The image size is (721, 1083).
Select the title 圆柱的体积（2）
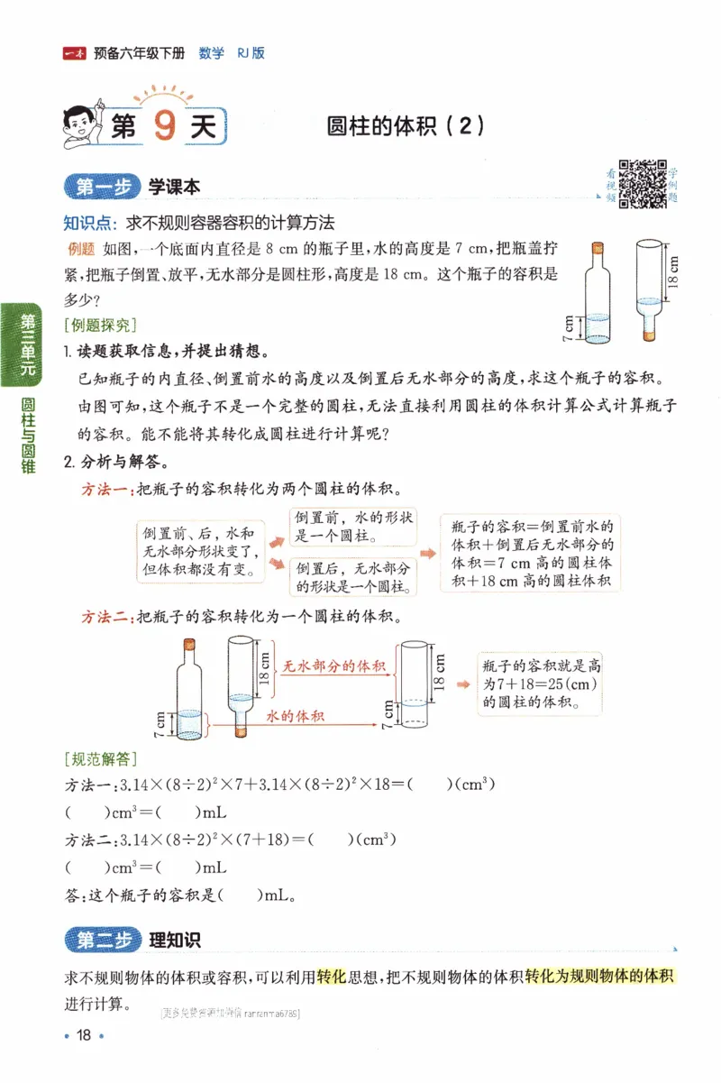pos(406,126)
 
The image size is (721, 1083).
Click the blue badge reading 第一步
pos(100,187)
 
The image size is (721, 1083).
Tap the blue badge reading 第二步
pos(100,940)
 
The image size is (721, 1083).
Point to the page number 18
pos(84,1034)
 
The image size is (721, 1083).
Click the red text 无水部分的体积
pos(334,666)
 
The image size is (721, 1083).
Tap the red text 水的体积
pos(295,716)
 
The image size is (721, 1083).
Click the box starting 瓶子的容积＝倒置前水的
pos(531,554)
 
